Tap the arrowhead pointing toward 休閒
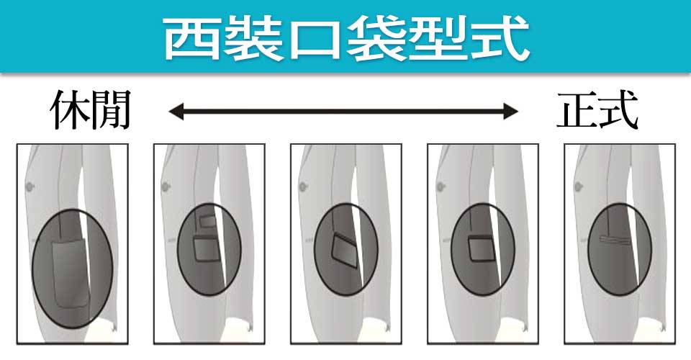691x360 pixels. point(175,111)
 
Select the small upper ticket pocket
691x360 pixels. point(207,224)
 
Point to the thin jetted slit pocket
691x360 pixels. point(618,238)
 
